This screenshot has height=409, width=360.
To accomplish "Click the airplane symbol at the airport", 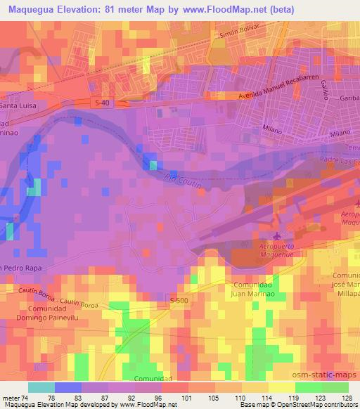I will coord(281,235).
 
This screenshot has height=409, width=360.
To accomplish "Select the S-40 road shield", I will coord(103,103).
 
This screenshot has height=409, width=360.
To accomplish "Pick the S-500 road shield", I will coord(198,301).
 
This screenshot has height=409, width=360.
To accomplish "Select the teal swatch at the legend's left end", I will coord(41,387).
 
